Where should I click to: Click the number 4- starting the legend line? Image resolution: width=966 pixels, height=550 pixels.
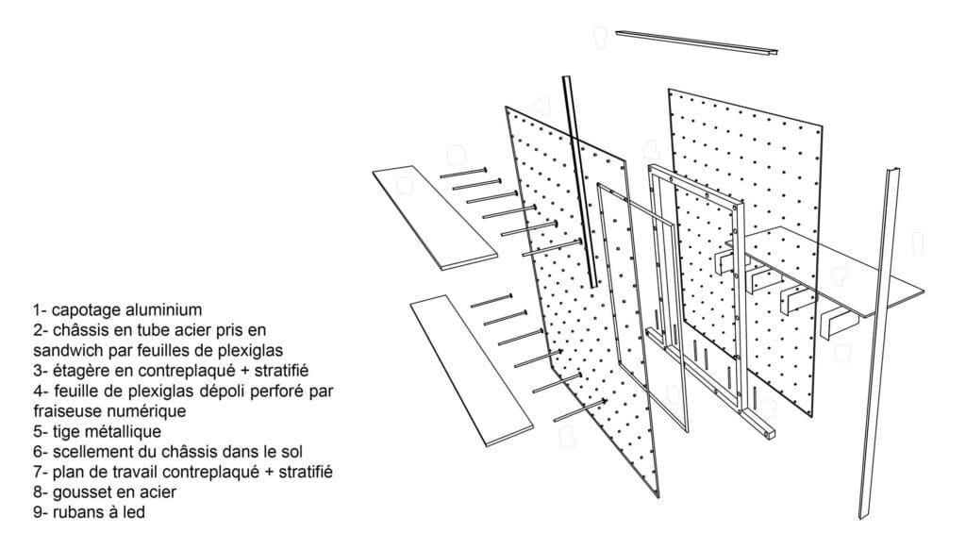41,391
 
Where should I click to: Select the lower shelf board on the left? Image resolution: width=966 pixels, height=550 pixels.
472,370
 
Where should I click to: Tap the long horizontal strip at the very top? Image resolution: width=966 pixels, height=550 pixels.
697,42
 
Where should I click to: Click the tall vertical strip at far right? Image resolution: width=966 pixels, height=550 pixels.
878,342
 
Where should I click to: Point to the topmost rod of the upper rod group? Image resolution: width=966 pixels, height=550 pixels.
463,173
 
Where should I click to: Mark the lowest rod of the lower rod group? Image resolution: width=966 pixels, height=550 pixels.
580,410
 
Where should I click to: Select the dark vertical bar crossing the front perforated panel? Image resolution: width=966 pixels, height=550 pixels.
579,182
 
